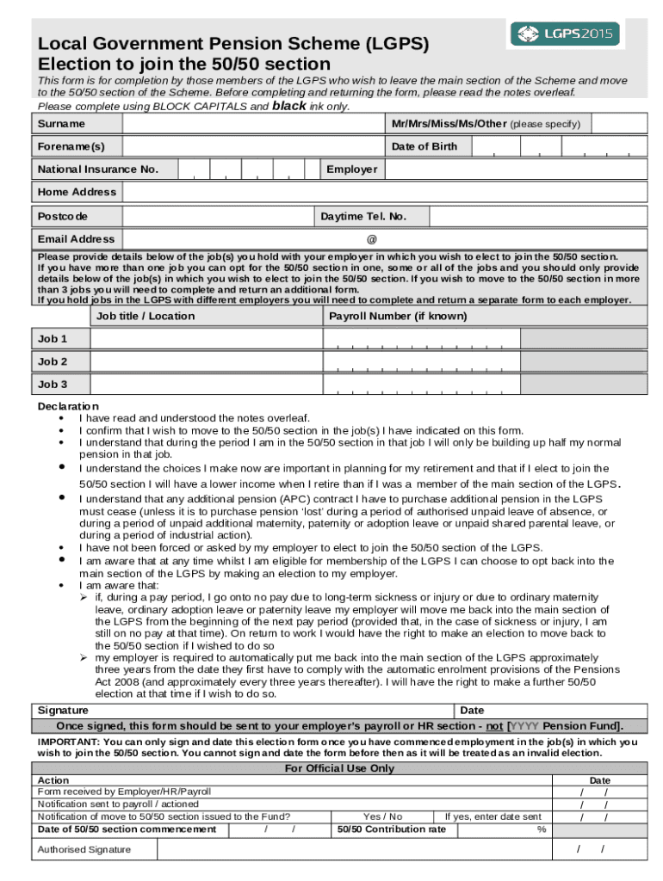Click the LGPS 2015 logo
(567, 34)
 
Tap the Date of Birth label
(424, 147)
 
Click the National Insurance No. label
(97, 169)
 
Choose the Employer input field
(516, 169)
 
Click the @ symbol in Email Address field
(372, 239)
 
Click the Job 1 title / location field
(206, 339)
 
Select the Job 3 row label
(53, 385)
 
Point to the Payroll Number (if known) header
(399, 316)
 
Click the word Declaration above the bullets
(68, 406)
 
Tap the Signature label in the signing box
(63, 711)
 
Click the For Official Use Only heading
(339, 768)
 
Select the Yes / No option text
(382, 816)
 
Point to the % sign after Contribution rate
(542, 829)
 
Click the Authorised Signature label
(84, 850)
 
